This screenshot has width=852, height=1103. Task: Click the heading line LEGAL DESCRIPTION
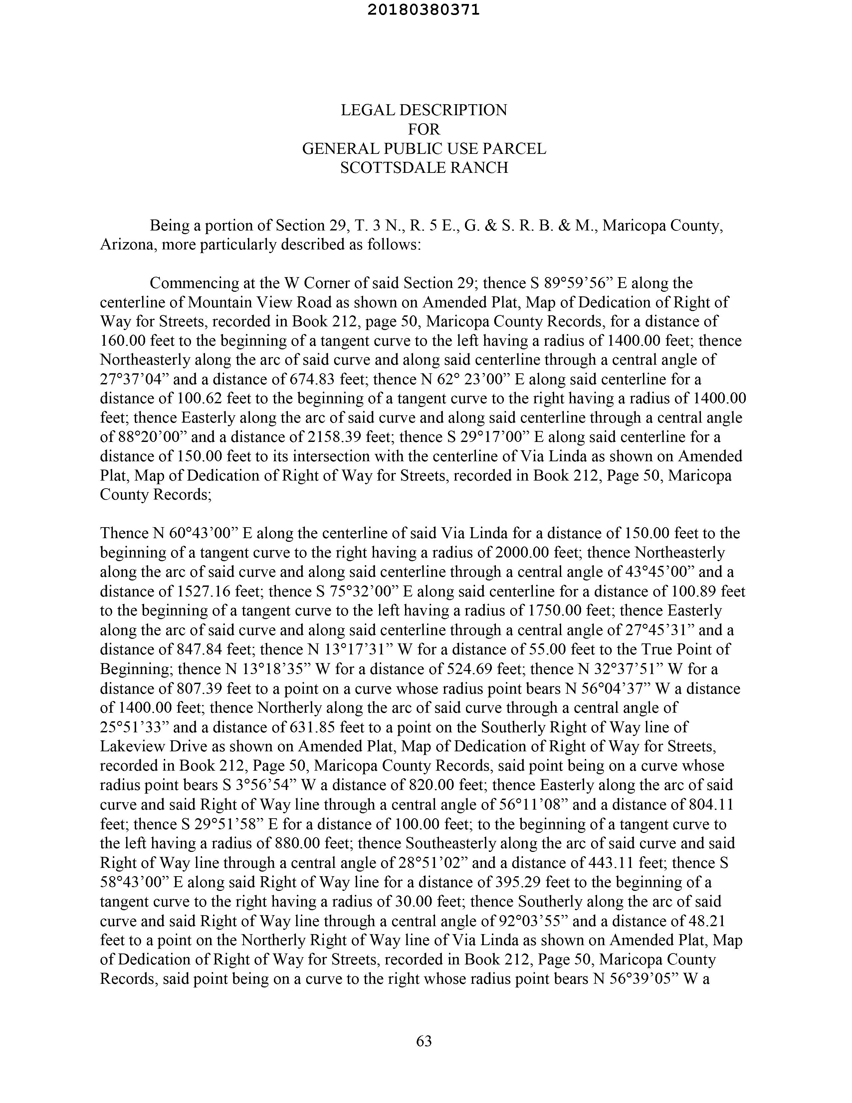tap(424, 110)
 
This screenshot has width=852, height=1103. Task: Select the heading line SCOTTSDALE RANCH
tap(424, 168)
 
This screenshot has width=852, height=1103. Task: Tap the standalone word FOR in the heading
tap(424, 129)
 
